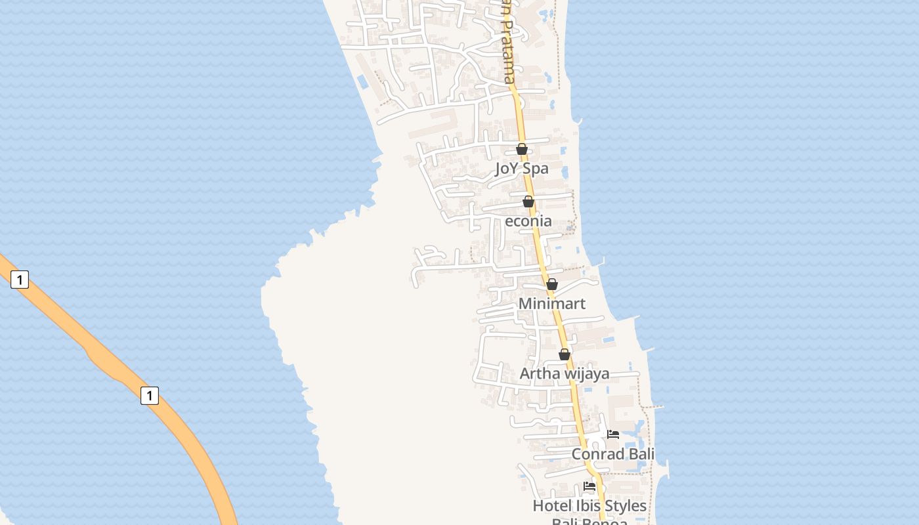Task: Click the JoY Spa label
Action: click(x=521, y=169)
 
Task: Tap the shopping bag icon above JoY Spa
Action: click(x=522, y=150)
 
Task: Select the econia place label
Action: click(x=528, y=221)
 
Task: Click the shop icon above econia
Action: click(x=528, y=201)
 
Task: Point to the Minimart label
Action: click(x=552, y=304)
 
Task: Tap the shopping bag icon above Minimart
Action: click(x=552, y=284)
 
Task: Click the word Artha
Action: click(x=540, y=373)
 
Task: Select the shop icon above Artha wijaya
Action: click(x=565, y=354)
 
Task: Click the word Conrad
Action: click(x=597, y=454)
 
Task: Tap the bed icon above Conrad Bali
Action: click(x=613, y=434)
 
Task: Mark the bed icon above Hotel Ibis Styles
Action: click(x=589, y=486)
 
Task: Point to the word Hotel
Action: click(x=550, y=506)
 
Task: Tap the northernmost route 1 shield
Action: click(x=20, y=280)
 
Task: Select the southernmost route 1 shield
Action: click(x=150, y=396)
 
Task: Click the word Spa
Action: click(x=536, y=169)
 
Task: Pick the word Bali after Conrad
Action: click(x=641, y=454)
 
